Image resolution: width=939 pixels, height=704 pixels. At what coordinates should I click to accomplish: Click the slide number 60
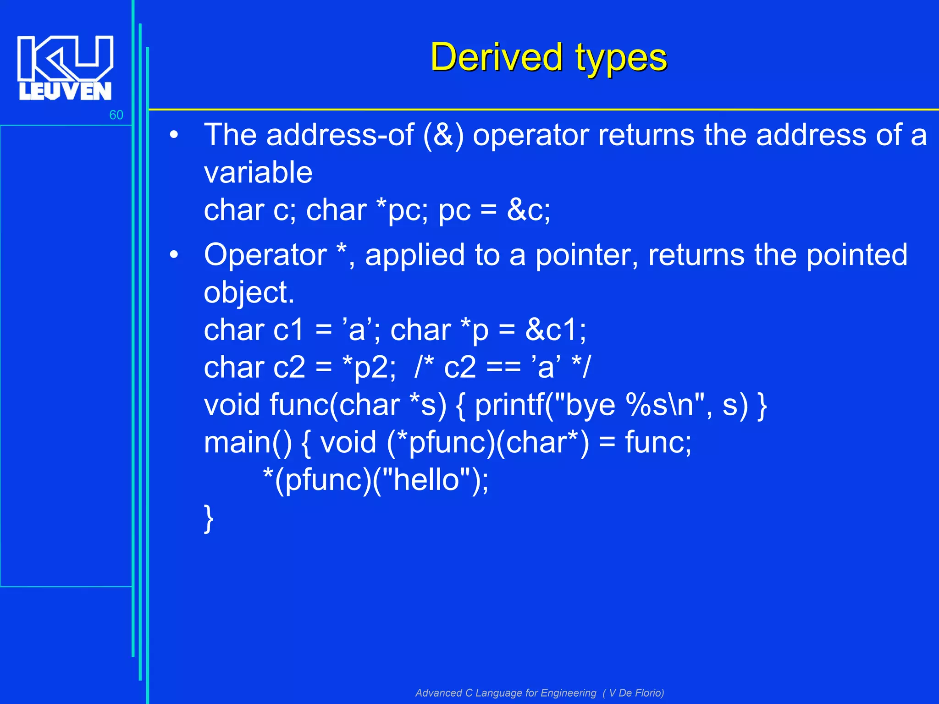pyautogui.click(x=116, y=115)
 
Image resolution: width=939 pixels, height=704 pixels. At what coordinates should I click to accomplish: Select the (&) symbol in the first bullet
pyautogui.click(x=443, y=135)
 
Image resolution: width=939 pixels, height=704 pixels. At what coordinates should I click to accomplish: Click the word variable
pyautogui.click(x=258, y=173)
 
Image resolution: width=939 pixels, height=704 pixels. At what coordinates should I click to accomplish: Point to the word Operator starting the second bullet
pyautogui.click(x=265, y=255)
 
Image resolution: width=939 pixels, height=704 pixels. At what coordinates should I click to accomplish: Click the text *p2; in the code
pyautogui.click(x=370, y=368)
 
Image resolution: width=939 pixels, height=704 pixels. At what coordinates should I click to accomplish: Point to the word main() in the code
pyautogui.click(x=248, y=443)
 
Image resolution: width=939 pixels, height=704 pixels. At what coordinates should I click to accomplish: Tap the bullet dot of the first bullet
pyautogui.click(x=173, y=135)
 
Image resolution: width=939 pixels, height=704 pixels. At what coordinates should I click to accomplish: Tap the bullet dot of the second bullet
pyautogui.click(x=173, y=255)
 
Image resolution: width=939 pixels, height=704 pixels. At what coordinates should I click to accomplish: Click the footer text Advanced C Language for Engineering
pyautogui.click(x=506, y=693)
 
